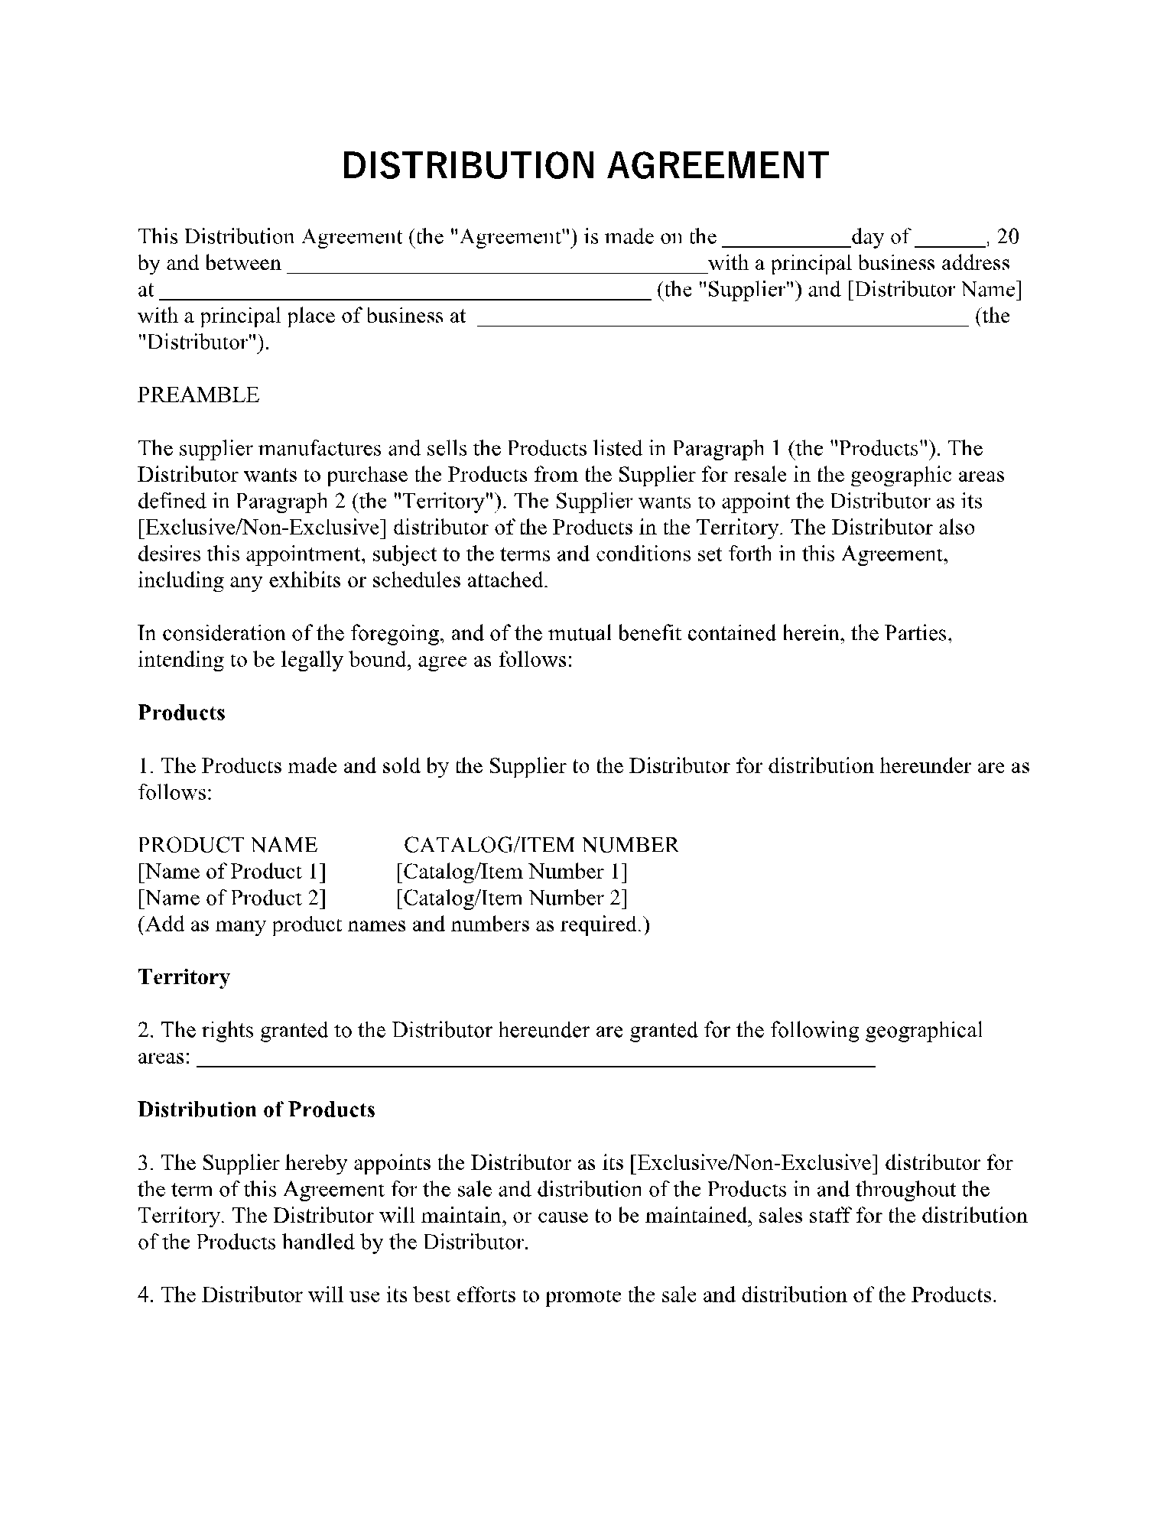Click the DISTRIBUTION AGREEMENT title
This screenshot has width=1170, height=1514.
point(585,165)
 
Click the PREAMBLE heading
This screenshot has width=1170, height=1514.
point(198,395)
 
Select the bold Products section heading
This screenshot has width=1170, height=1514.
point(181,713)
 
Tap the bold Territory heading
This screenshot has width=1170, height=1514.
point(184,977)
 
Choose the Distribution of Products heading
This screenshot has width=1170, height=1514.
point(256,1110)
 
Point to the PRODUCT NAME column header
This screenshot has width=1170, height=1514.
point(227,845)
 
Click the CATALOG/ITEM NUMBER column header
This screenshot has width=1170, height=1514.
point(541,845)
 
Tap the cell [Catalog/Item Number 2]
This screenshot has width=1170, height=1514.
point(512,898)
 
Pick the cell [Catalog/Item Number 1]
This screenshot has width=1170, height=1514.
point(512,872)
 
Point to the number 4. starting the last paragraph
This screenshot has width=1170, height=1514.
point(146,1295)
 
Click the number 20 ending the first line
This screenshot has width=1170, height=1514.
point(1009,236)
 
